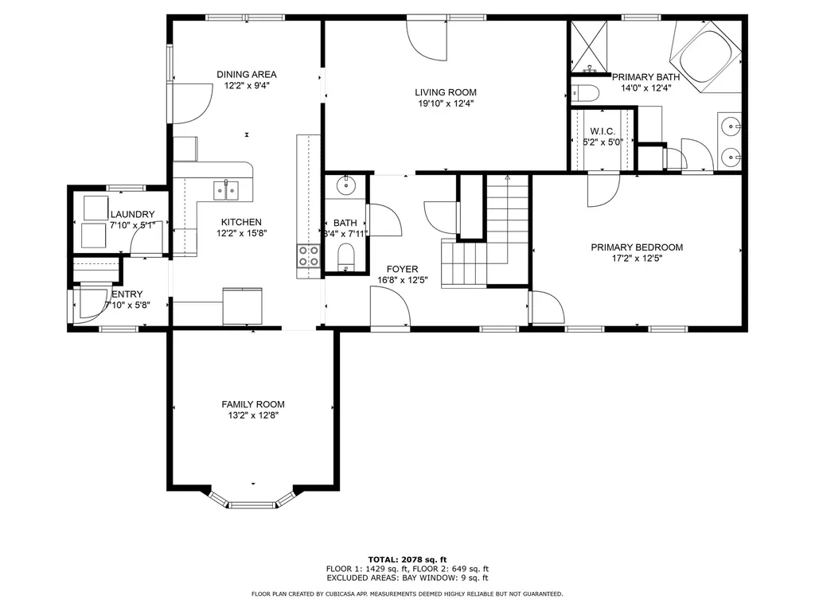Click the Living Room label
(446, 92)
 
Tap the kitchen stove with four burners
(308, 256)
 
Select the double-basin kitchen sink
(226, 190)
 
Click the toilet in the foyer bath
(346, 258)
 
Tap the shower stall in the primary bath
(589, 45)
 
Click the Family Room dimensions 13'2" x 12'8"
(252, 414)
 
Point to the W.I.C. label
(599, 131)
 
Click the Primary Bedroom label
(637, 247)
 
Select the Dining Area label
(247, 74)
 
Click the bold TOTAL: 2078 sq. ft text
(407, 558)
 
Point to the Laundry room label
(132, 214)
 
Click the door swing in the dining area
(191, 102)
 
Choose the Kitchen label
(241, 222)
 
